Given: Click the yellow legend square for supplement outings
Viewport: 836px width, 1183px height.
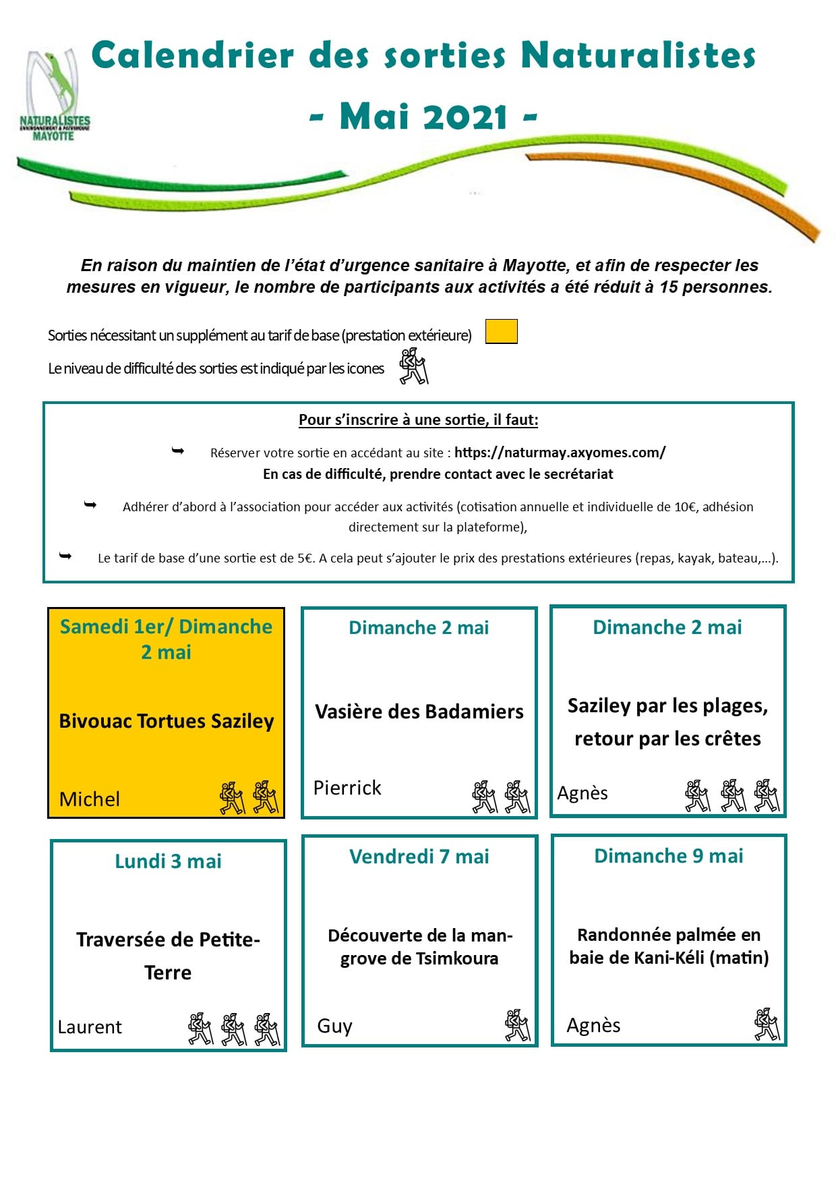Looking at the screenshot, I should point(501,332).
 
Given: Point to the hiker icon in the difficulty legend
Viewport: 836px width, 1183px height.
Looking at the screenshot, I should point(413,366).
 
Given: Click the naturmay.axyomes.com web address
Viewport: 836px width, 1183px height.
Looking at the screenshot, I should point(560,453).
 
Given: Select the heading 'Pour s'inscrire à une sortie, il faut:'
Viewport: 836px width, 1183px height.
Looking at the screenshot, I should point(418,420).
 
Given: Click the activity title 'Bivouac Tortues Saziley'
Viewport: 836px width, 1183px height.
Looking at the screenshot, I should point(167,721).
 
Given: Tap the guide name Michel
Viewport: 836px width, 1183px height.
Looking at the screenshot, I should point(90,799).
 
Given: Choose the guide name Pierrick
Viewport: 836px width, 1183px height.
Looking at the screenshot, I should point(347,788).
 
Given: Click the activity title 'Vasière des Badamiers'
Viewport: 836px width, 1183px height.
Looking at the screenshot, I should point(419,712).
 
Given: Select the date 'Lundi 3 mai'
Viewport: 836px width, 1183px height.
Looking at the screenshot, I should point(168,861).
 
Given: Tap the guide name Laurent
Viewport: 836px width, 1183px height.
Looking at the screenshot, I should point(90,1027).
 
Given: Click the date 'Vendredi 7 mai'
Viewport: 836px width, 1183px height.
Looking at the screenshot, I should point(419,857).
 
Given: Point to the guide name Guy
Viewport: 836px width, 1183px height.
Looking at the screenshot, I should point(334,1026).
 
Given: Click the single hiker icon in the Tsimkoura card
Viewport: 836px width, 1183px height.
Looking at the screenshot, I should point(517,1025).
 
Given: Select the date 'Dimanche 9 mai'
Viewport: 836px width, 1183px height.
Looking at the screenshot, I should point(668,856).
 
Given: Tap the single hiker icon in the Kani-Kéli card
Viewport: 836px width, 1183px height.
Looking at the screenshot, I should point(767,1025).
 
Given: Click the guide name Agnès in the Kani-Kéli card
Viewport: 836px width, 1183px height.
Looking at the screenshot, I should point(593,1025).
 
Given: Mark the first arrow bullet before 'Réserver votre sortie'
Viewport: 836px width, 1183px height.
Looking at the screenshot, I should point(178,451).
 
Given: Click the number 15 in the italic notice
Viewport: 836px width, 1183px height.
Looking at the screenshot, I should point(668,287).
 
